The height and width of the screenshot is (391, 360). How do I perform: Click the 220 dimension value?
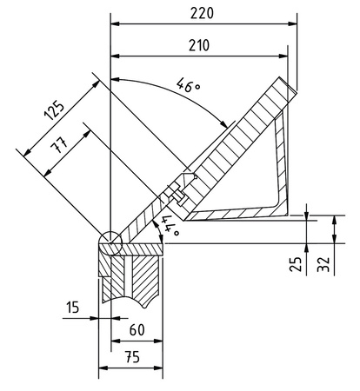202,13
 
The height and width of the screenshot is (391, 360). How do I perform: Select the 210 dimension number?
199,45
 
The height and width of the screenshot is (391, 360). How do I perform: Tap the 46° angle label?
189,85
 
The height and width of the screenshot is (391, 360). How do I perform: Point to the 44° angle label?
170,225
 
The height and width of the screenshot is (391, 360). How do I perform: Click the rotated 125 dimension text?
54,110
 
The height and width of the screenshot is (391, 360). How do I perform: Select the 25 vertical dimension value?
296,263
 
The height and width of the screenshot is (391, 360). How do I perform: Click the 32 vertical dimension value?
323,264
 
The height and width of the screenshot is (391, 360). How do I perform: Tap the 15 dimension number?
72,308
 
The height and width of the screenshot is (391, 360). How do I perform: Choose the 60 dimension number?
137,329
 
